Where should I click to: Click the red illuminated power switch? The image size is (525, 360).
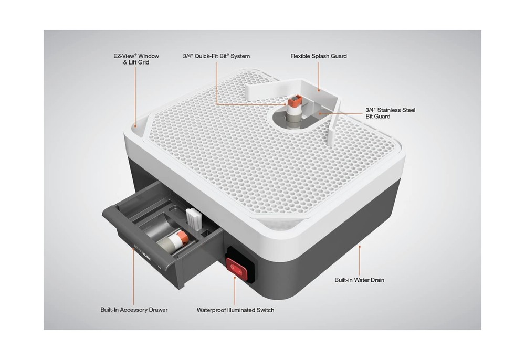click(237, 266)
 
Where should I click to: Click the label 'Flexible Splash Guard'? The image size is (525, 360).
click(319, 56)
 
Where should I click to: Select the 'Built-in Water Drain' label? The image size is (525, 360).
click(359, 280)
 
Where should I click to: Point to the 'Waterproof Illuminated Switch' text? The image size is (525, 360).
click(235, 310)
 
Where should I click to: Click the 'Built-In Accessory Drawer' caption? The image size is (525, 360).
click(134, 310)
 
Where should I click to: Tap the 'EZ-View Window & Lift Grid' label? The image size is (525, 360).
click(136, 59)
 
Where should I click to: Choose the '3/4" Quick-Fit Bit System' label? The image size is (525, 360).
click(216, 56)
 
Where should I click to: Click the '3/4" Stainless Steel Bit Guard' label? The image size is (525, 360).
click(390, 113)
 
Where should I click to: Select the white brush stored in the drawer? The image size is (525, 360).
click(194, 218)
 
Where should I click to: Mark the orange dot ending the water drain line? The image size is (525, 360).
click(359, 247)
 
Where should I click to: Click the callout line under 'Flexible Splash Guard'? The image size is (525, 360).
click(319, 76)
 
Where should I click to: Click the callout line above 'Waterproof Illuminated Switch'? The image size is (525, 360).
click(235, 290)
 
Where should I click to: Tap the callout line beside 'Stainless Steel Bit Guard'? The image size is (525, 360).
click(341, 113)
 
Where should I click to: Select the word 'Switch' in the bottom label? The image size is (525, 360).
click(266, 310)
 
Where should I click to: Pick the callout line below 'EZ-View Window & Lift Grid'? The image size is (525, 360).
click(135, 97)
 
